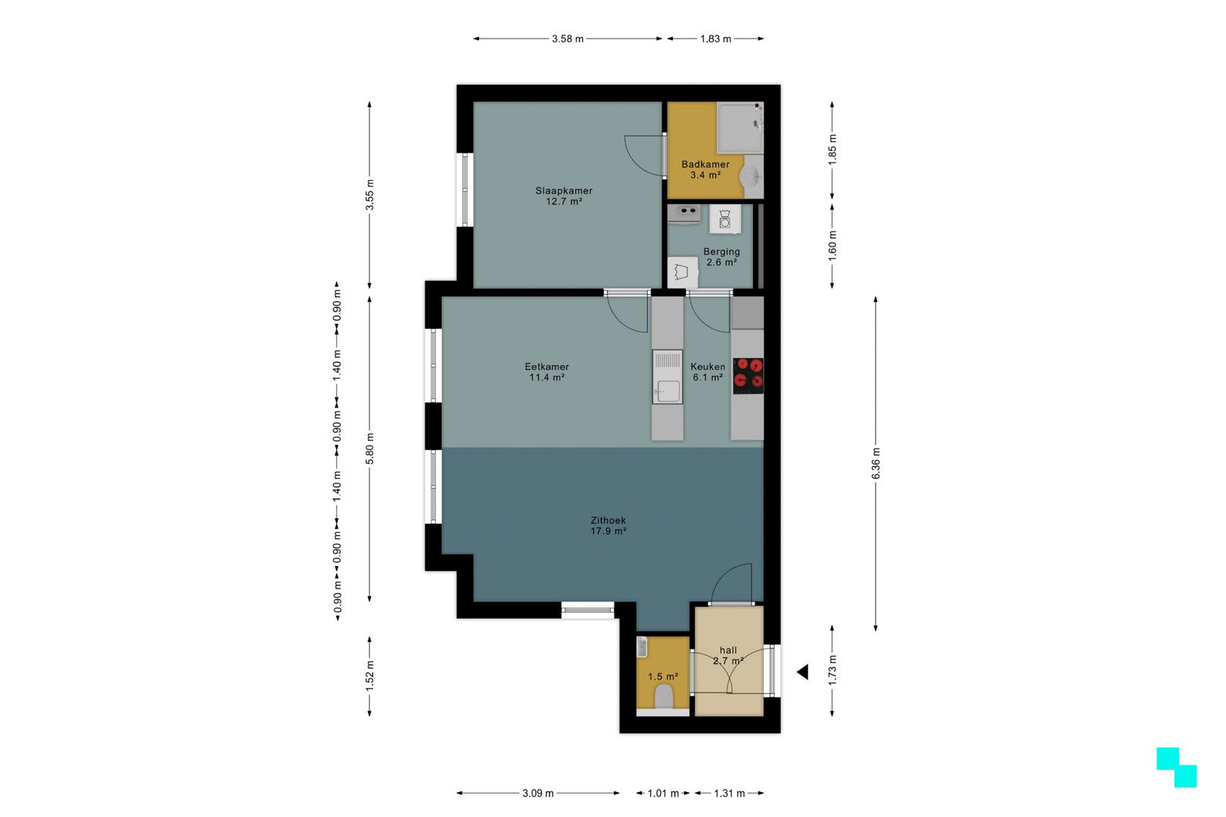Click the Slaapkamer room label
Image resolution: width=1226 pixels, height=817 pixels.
[x=564, y=196]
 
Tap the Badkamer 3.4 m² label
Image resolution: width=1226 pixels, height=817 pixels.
[x=705, y=169]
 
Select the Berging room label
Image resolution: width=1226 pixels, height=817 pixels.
[x=721, y=257]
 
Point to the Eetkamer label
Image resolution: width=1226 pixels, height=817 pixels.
[x=546, y=371]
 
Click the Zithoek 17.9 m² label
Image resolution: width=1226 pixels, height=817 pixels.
[x=608, y=526]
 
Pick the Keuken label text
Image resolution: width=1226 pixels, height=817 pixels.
[x=708, y=371]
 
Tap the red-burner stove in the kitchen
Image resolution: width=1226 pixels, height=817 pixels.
[x=748, y=376]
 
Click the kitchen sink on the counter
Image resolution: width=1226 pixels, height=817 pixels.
[x=667, y=390]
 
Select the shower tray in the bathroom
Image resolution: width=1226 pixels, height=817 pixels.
[x=739, y=127]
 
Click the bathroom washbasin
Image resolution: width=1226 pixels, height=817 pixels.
[x=751, y=177]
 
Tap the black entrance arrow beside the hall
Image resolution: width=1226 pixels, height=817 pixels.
[x=803, y=672]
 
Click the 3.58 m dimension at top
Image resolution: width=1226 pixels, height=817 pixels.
[x=568, y=39]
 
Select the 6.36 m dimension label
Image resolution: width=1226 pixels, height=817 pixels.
[x=876, y=464]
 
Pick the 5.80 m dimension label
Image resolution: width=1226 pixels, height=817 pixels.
[x=369, y=449]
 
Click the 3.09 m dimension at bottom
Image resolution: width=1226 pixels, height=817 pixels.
[x=538, y=794]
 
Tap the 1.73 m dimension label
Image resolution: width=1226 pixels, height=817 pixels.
[x=832, y=669]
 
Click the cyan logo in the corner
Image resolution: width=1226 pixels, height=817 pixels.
[x=1176, y=767]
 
